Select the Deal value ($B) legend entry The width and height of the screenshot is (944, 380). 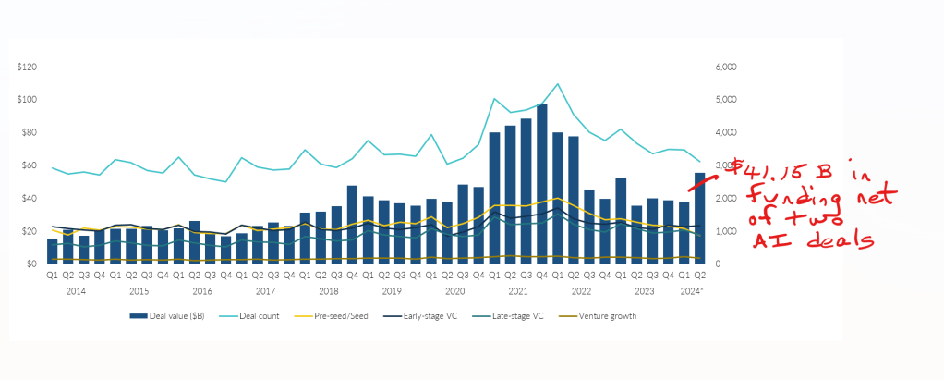pyautogui.click(x=175, y=316)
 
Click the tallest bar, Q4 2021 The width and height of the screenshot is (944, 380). pyautogui.click(x=541, y=185)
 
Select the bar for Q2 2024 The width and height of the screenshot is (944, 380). pyautogui.click(x=700, y=218)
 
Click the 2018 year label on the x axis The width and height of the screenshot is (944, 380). pyautogui.click(x=328, y=289)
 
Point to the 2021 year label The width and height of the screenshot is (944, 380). pyautogui.click(x=517, y=289)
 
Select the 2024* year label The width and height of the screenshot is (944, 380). pyautogui.click(x=693, y=289)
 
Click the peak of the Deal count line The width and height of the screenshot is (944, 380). pyautogui.click(x=557, y=84)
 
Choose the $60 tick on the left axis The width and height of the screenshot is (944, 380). pyautogui.click(x=28, y=165)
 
